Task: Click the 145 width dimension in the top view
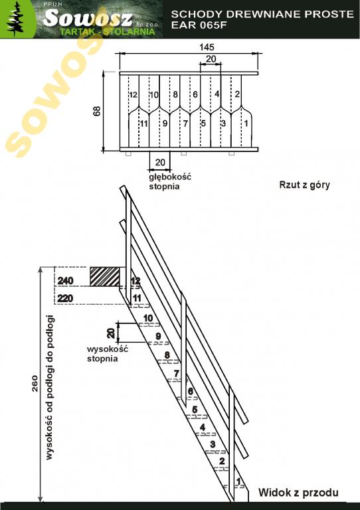click(x=207, y=48)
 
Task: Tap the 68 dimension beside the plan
click(x=97, y=112)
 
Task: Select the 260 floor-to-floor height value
click(x=35, y=384)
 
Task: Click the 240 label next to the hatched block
click(x=65, y=280)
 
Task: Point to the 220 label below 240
click(x=65, y=298)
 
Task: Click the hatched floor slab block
click(x=105, y=277)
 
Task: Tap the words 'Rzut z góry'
click(x=304, y=185)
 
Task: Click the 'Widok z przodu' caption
click(x=298, y=493)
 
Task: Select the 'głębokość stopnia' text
click(x=170, y=182)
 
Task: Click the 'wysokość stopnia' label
click(x=108, y=354)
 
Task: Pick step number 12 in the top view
click(x=133, y=95)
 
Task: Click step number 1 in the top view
click(x=246, y=124)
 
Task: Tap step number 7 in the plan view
click(x=185, y=124)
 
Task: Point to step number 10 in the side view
click(x=148, y=318)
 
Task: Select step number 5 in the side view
click(x=195, y=410)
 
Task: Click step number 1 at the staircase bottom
click(x=238, y=481)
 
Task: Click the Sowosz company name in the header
click(x=88, y=18)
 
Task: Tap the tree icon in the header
click(x=16, y=20)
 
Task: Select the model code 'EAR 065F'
click(x=199, y=25)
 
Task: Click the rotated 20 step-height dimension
click(x=111, y=333)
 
